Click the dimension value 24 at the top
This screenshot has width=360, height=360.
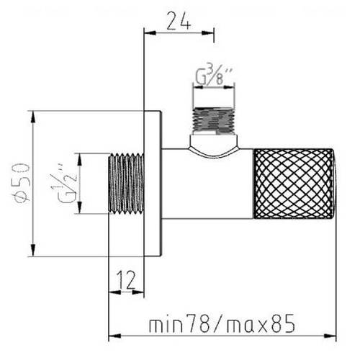[179, 21]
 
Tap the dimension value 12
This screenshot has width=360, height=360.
[127, 280]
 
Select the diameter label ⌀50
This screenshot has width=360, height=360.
[22, 183]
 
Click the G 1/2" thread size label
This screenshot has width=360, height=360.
[64, 183]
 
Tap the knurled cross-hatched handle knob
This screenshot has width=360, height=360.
[294, 184]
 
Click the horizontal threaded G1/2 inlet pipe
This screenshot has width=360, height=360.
[126, 184]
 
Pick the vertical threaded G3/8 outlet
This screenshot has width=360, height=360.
[214, 121]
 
